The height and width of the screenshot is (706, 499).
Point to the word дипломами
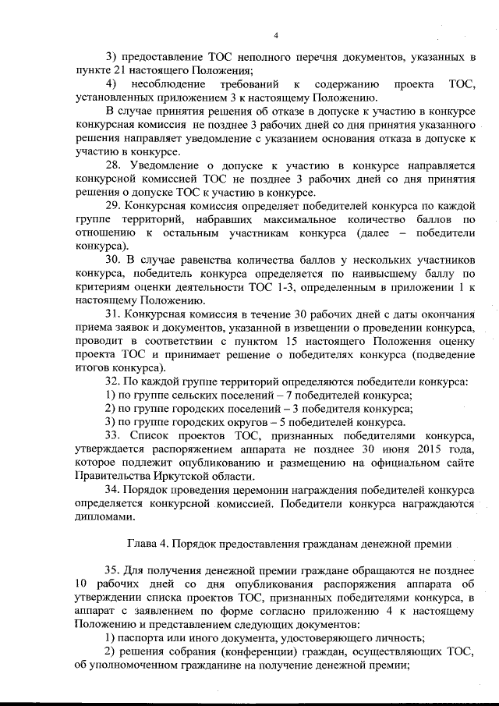click(x=99, y=516)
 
